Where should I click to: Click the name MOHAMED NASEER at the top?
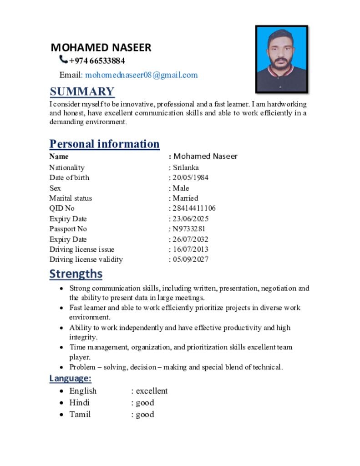pos(101,47)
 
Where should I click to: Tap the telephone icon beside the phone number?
pos(63,60)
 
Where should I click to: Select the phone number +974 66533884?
pos(97,61)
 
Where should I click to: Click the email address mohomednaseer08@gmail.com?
pos(142,75)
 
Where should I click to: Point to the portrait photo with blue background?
pos(281,59)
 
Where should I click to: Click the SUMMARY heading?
pos(82,91)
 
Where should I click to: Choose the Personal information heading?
pos(104,144)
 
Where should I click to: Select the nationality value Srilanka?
pos(186,167)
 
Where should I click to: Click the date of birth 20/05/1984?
pos(190,177)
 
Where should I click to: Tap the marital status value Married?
pos(185,198)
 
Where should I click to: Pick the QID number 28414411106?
pos(194,208)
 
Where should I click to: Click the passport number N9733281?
pos(189,229)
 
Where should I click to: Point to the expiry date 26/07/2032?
pos(190,239)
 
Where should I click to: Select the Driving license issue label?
pos(82,249)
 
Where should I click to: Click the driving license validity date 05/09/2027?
pos(190,259)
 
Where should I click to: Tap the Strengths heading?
pos(76,274)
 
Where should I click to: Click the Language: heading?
pos(71,379)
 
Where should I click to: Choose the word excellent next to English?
pos(152,391)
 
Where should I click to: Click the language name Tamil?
pos(80,415)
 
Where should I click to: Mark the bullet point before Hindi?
pos(62,403)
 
